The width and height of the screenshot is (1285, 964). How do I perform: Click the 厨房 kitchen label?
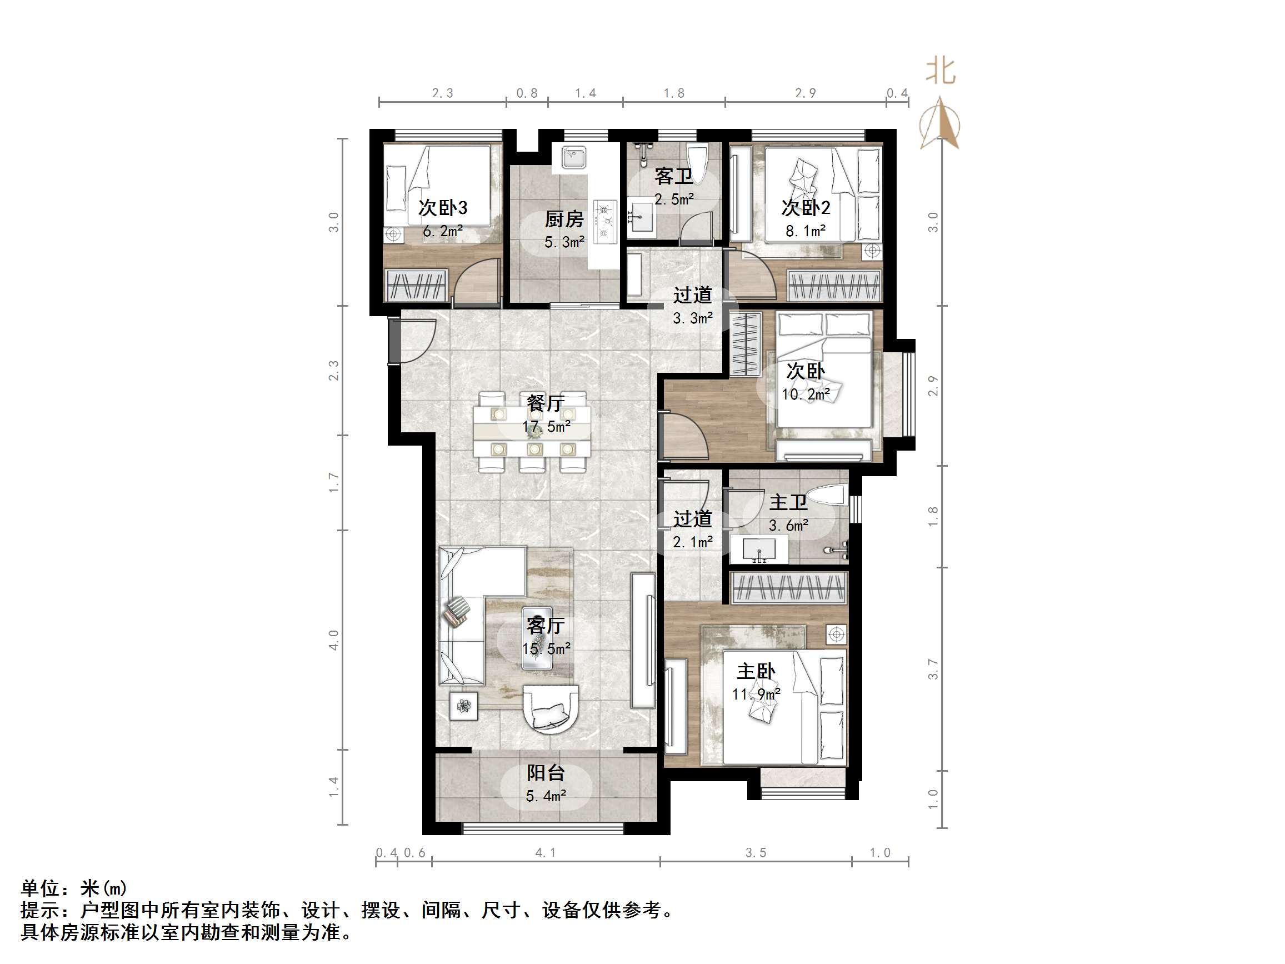563,219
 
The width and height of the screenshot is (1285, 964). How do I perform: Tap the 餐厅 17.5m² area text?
546,427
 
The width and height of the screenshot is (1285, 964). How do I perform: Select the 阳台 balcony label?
546,773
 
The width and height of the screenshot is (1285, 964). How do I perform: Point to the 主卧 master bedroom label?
756,672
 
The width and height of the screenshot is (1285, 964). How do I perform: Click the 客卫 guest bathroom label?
673,176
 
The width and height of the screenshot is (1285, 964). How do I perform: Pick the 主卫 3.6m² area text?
788,525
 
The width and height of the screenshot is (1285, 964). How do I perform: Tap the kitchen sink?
573,157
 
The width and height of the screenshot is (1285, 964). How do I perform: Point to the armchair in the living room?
551,709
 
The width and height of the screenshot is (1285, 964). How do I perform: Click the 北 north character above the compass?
941,72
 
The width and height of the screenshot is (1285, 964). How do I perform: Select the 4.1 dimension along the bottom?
545,852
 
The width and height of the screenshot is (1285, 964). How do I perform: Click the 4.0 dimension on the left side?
333,640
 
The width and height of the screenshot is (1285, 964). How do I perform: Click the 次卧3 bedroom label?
443,207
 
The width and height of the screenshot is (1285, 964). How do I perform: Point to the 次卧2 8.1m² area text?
805,231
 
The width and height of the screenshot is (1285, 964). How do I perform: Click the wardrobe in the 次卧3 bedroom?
416,284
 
